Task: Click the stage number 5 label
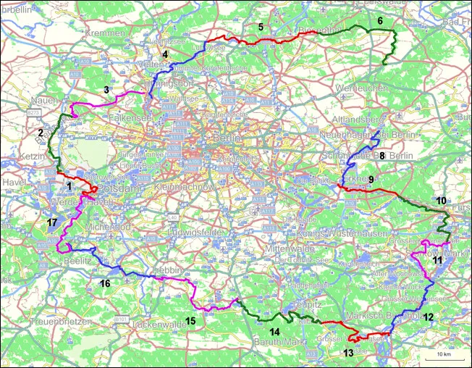pyautogui.click(x=261, y=27)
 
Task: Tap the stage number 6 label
pyautogui.click(x=380, y=22)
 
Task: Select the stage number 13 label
pyautogui.click(x=348, y=353)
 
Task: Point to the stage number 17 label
pyautogui.click(x=50, y=221)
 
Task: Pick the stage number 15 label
pyautogui.click(x=190, y=320)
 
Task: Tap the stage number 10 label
pyautogui.click(x=441, y=200)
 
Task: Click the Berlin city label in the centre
pyautogui.click(x=221, y=138)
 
